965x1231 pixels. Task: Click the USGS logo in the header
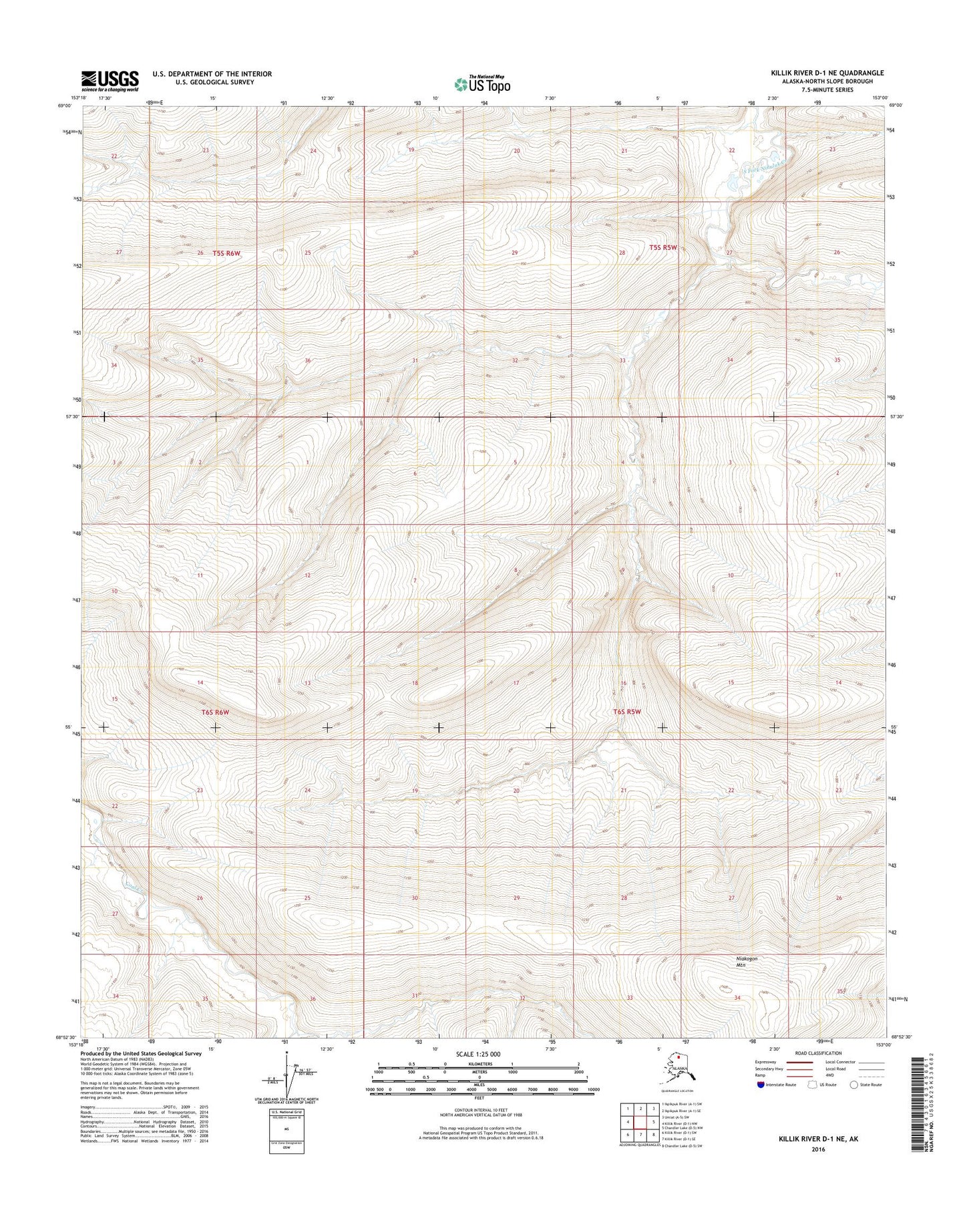point(110,80)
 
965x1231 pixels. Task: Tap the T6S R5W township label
point(627,712)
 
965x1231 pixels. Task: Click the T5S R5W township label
point(663,247)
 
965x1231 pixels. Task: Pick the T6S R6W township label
point(215,712)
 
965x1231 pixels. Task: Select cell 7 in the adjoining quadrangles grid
point(640,1134)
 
